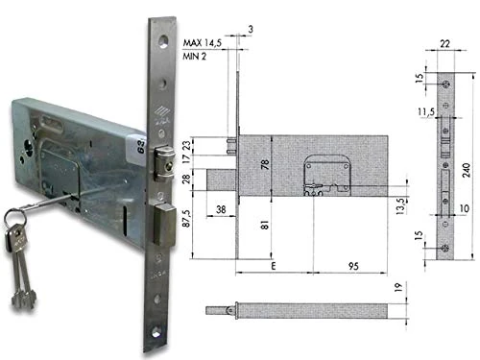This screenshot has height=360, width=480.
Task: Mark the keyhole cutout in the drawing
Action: click(x=318, y=177)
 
